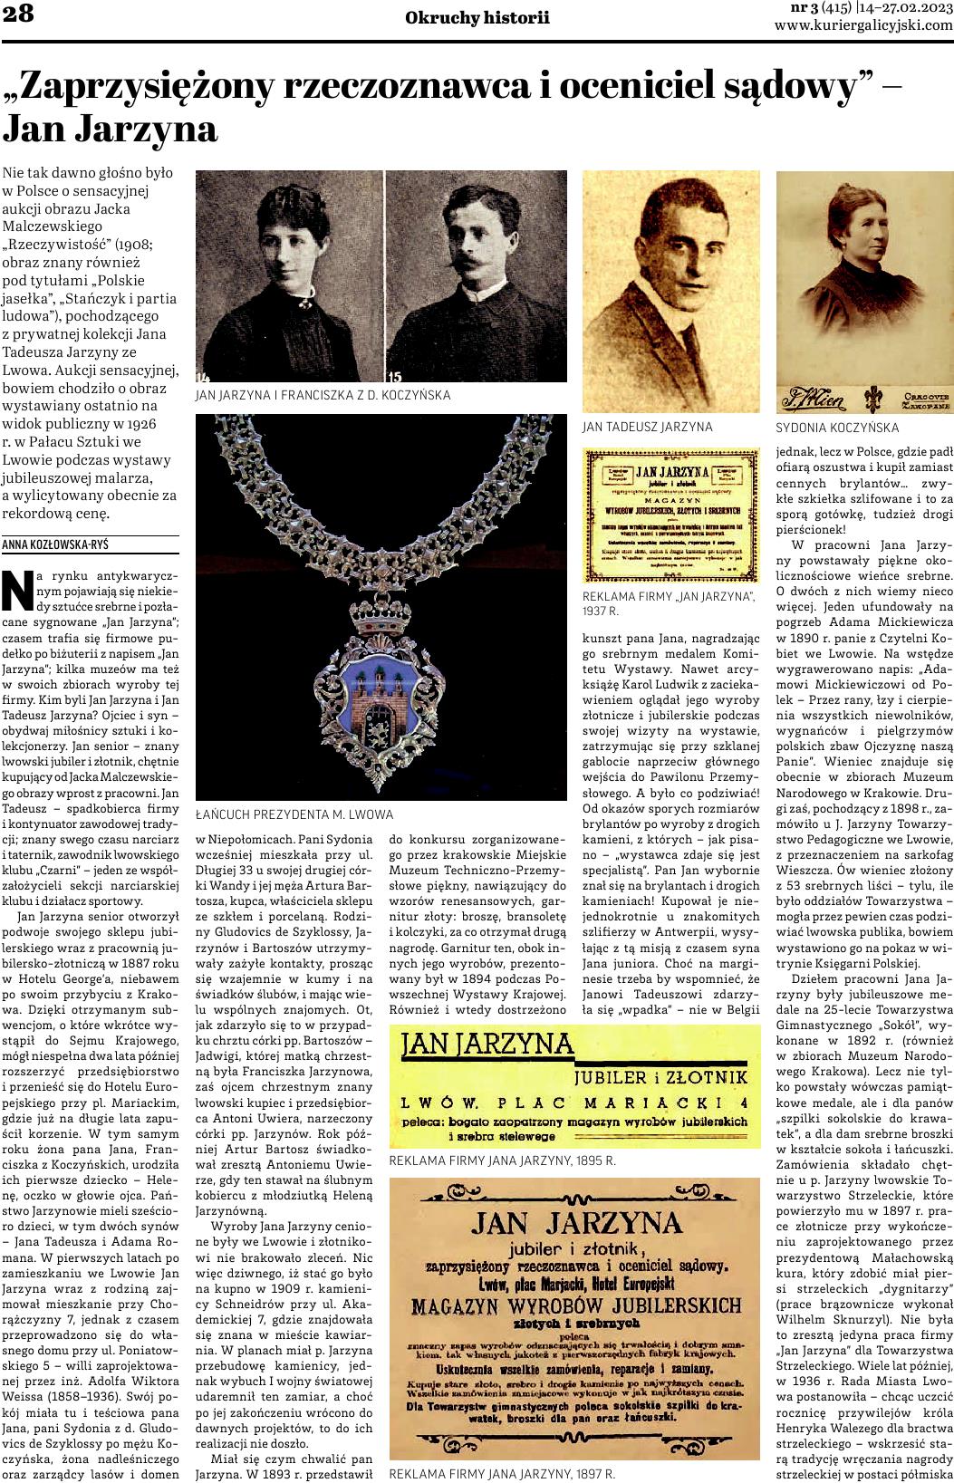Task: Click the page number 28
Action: tap(18, 14)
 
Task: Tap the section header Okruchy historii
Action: tap(477, 17)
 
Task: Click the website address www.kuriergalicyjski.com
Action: tap(863, 25)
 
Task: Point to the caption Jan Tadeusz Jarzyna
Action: tap(647, 426)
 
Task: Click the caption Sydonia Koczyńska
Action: tap(837, 427)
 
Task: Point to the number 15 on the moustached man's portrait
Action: tap(393, 376)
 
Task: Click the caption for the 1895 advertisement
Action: tap(502, 1160)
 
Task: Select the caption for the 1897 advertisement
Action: tap(502, 1474)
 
